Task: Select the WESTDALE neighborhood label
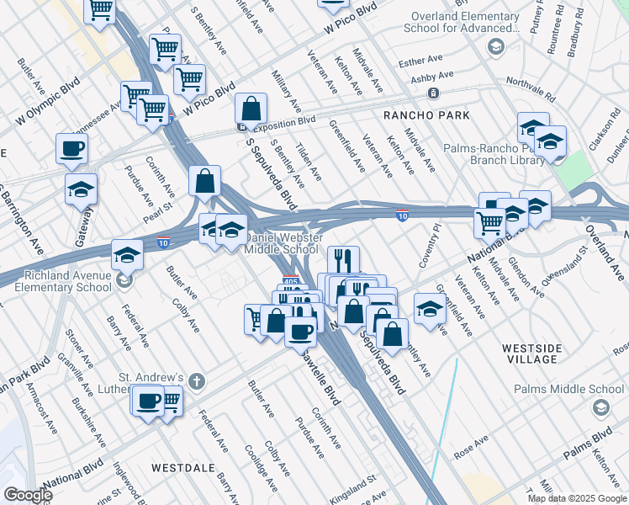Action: point(178,466)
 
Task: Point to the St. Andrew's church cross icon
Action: point(197,381)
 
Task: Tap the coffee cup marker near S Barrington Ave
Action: point(71,148)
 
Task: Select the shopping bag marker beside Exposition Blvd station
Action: point(251,108)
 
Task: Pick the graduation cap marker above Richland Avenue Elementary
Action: point(126,253)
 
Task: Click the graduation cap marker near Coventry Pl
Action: point(430,308)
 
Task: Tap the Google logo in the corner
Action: point(28,495)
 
